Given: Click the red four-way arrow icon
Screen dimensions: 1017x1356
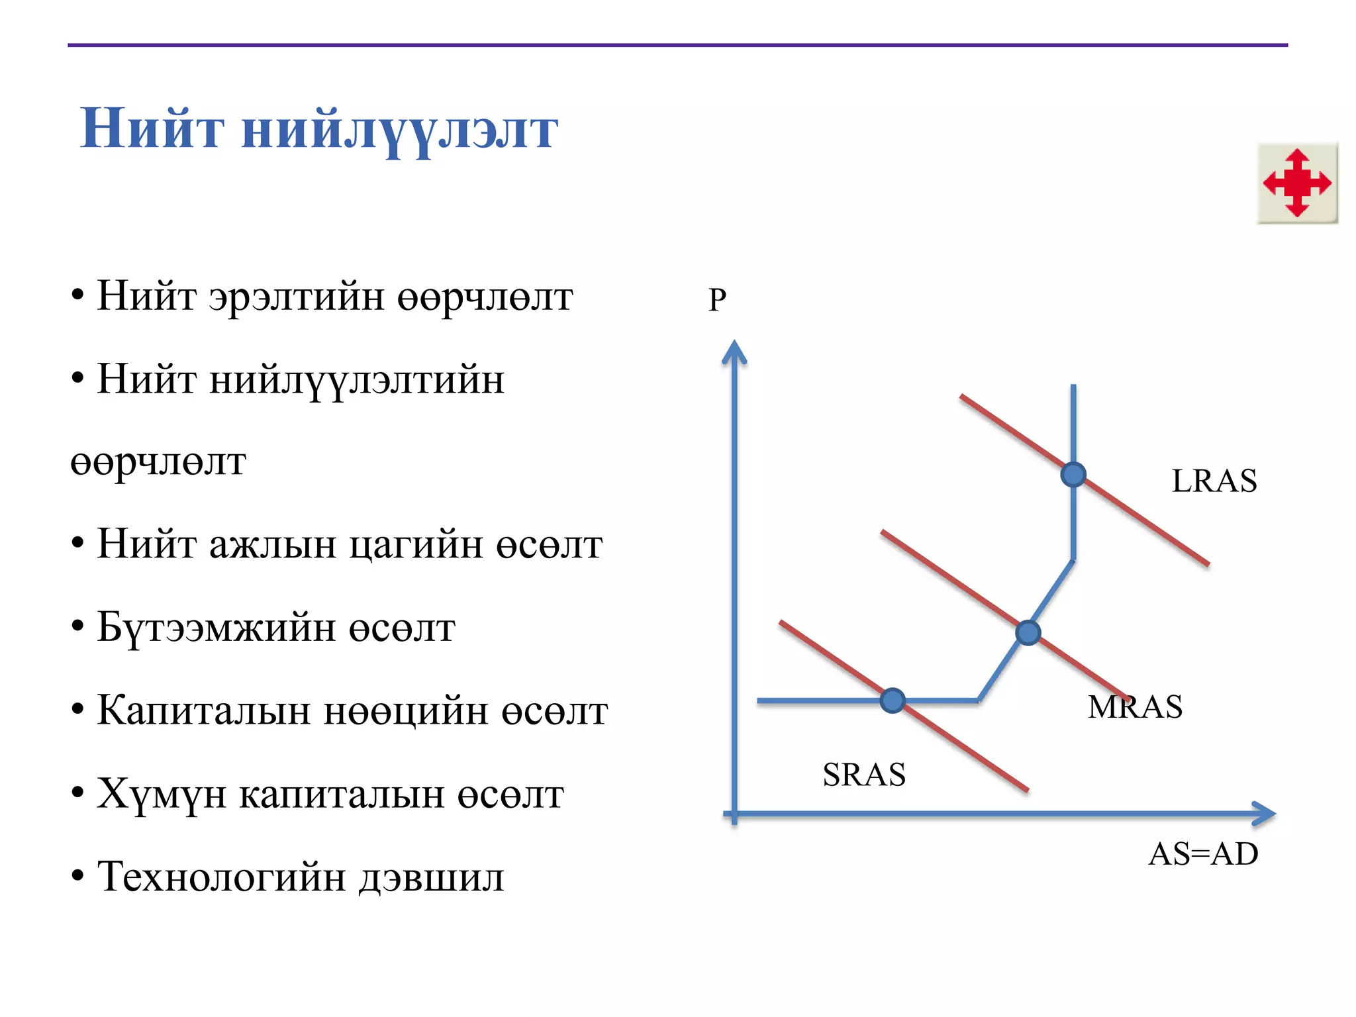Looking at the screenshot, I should [1297, 183].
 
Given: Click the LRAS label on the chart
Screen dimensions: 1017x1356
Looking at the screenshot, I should [1214, 481].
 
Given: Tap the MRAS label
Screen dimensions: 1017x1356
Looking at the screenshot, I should [1135, 706].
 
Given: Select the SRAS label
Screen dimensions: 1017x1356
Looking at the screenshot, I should [864, 774].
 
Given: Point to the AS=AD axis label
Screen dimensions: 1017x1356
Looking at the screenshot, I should [1203, 853].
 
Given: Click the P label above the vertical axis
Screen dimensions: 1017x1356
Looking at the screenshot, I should [717, 300].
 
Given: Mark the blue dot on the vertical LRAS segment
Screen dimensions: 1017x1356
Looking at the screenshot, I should [1073, 474].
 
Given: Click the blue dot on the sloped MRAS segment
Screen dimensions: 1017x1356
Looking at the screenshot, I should [1028, 633].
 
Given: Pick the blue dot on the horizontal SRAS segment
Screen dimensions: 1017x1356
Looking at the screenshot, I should [893, 700].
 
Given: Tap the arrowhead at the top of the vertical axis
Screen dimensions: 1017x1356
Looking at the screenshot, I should [734, 352].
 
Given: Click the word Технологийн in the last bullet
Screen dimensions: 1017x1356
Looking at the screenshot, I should [222, 877].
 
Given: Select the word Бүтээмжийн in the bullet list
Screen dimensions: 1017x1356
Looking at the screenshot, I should [216, 628].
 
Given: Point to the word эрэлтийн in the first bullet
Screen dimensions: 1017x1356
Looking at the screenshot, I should [297, 296].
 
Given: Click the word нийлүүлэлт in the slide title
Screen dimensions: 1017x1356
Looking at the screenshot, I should [400, 130].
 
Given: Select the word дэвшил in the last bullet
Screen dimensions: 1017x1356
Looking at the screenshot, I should [432, 877].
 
